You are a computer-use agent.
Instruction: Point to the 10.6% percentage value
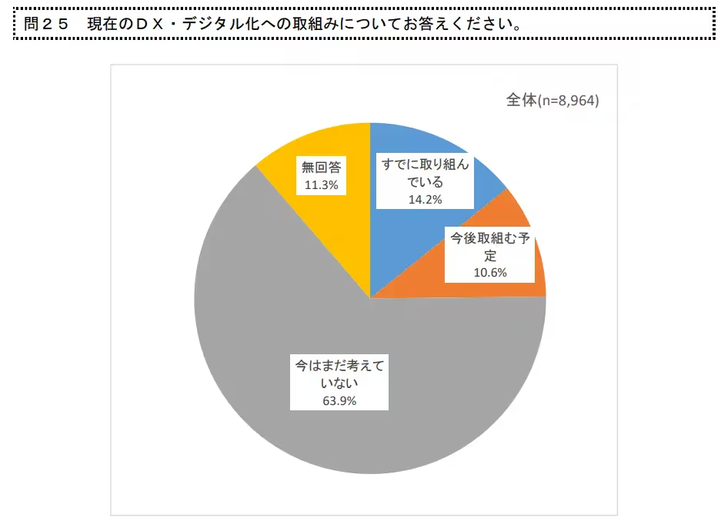(x=491, y=271)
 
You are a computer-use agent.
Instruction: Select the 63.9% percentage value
(x=338, y=400)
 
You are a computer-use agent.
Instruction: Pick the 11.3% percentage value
(x=321, y=185)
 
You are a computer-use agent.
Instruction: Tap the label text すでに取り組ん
(x=425, y=164)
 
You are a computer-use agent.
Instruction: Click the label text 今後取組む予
(x=491, y=237)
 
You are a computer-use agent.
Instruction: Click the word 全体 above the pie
(x=520, y=101)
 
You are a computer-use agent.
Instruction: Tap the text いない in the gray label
(x=338, y=382)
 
